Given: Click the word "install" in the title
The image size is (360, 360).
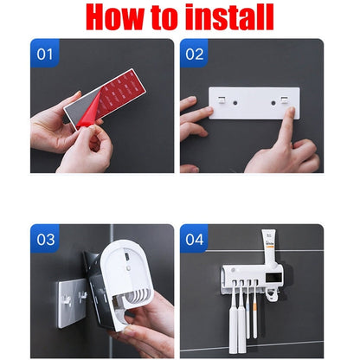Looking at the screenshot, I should [226, 17].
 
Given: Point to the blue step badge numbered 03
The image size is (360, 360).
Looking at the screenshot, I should [44, 239].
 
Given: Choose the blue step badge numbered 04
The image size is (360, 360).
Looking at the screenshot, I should [195, 239].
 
